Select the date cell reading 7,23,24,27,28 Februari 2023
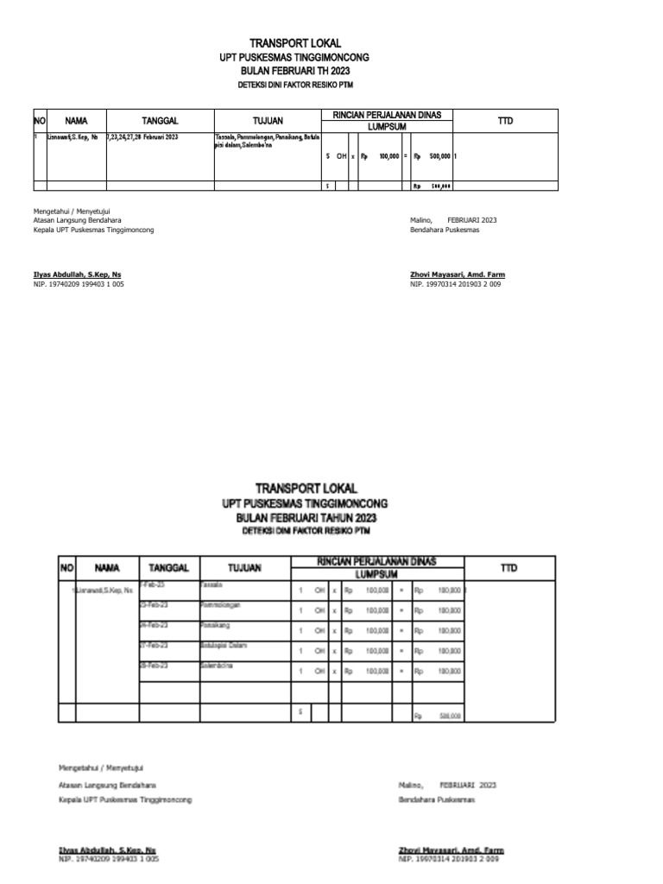pos(142,137)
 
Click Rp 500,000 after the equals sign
pos(432,156)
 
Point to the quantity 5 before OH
pos(328,156)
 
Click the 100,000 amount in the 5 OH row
pos(388,156)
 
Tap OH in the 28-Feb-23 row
pos(319,671)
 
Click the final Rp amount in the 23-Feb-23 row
pos(448,610)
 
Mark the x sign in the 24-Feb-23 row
pos(334,630)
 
